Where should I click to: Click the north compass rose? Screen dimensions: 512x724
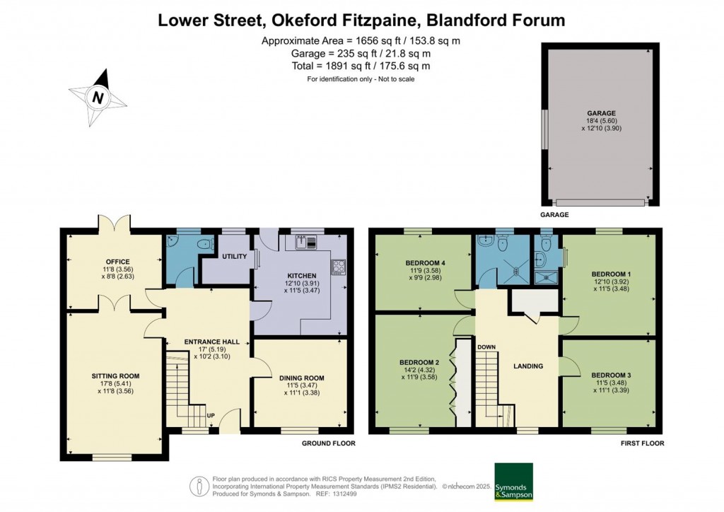pyautogui.click(x=98, y=97)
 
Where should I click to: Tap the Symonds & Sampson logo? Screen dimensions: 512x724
pyautogui.click(x=513, y=482)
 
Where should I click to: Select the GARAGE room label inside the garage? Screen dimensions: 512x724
pyautogui.click(x=600, y=113)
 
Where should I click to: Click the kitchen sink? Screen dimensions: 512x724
pyautogui.click(x=304, y=242)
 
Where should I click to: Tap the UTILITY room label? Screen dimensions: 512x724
pyautogui.click(x=233, y=257)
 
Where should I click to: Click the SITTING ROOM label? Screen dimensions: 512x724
pyautogui.click(x=115, y=376)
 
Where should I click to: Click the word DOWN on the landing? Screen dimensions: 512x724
pyautogui.click(x=486, y=347)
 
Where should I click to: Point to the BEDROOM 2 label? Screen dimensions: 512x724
pyautogui.click(x=421, y=363)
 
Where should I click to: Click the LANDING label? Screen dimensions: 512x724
pyautogui.click(x=528, y=366)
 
